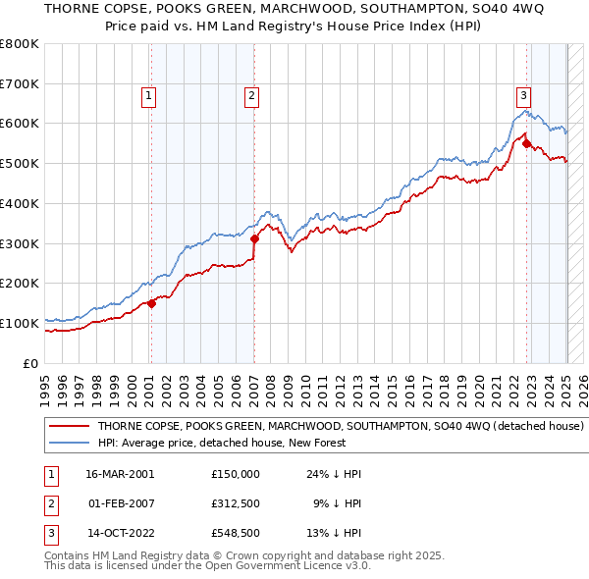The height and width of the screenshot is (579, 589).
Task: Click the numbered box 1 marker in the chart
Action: [x=147, y=95]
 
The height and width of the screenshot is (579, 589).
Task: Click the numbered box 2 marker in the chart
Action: [x=252, y=95]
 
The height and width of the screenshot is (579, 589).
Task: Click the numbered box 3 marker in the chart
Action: [x=524, y=95]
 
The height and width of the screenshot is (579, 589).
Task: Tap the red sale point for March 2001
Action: [x=152, y=303]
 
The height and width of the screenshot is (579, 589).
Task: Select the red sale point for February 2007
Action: [x=254, y=237]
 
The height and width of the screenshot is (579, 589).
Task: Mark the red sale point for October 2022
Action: [x=527, y=143]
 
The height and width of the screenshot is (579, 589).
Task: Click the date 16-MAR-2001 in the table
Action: [x=121, y=473]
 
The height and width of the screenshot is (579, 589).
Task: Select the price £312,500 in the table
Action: [x=236, y=503]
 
